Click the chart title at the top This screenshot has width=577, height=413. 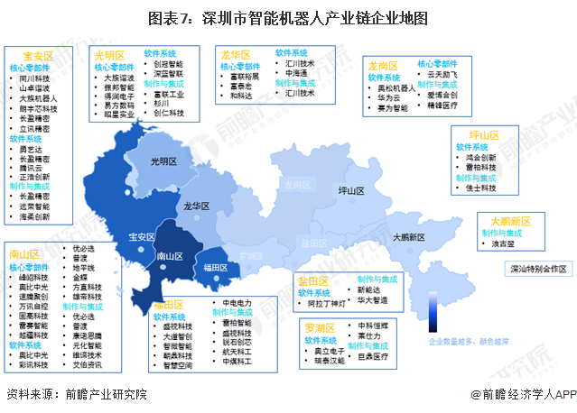click(x=288, y=18)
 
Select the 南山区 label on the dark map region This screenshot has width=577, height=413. click(x=171, y=256)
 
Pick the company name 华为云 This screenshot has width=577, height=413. click(x=389, y=97)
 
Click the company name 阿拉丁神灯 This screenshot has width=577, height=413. click(x=327, y=304)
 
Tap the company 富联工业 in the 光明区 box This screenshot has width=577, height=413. click(x=169, y=93)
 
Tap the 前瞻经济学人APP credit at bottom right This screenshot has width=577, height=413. click(x=527, y=394)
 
